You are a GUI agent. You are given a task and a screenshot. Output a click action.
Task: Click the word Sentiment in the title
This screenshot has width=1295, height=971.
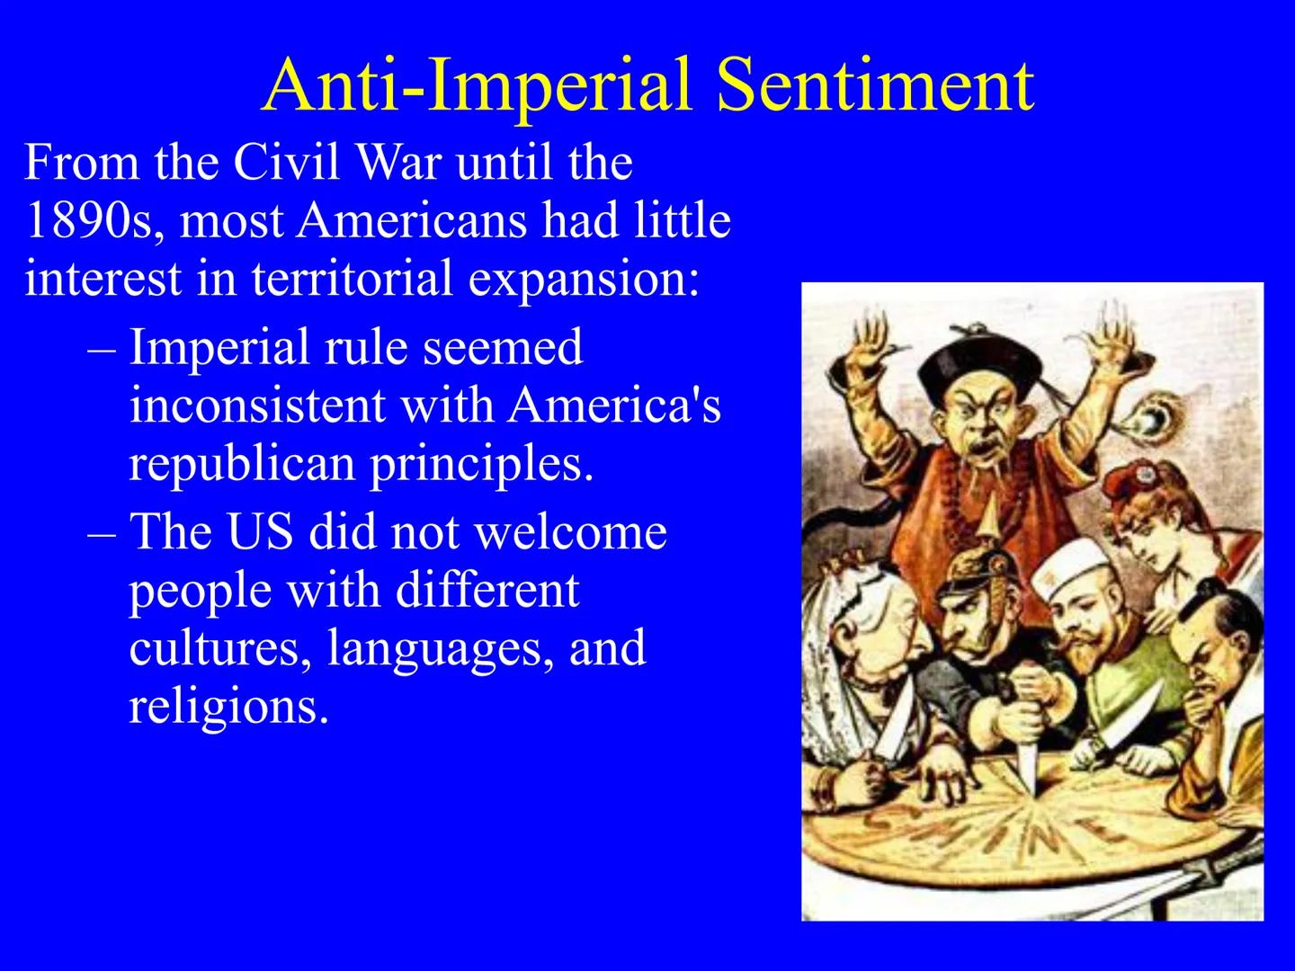click(x=875, y=85)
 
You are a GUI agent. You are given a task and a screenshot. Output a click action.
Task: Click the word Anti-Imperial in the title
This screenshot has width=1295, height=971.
click(x=478, y=85)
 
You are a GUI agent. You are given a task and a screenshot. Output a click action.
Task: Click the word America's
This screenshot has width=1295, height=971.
click(x=614, y=405)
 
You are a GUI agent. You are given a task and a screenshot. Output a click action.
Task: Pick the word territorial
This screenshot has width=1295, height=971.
click(x=352, y=278)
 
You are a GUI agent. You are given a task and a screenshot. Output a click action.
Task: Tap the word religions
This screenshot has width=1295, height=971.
click(x=228, y=706)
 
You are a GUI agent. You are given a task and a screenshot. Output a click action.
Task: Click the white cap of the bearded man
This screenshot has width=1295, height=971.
click(x=1073, y=566)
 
